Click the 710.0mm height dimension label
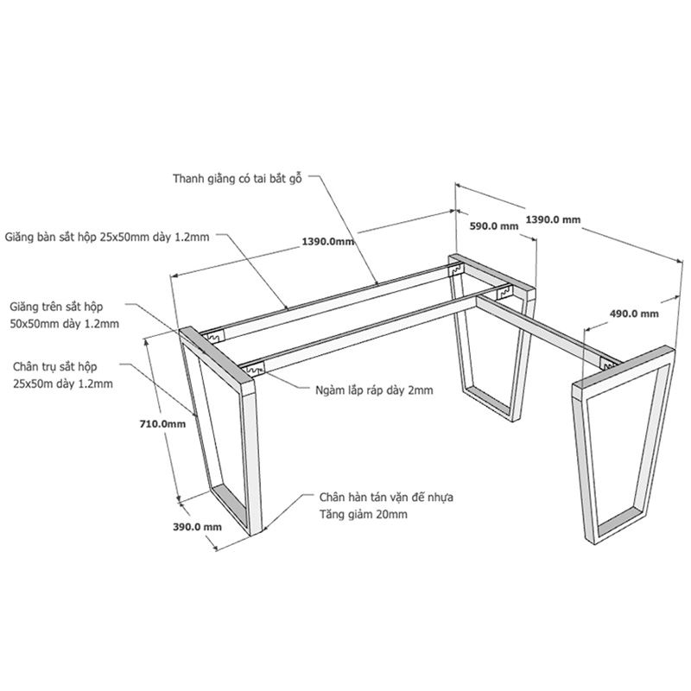click(x=162, y=424)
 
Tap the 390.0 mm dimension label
click(x=197, y=527)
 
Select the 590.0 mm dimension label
click(x=493, y=226)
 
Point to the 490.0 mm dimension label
click(x=634, y=314)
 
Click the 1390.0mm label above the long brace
click(x=328, y=242)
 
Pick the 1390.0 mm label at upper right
click(x=553, y=219)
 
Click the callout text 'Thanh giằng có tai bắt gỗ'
click(x=237, y=179)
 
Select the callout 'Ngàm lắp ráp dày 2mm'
click(x=374, y=390)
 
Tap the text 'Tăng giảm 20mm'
click(x=363, y=514)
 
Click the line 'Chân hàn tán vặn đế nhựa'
click(x=386, y=498)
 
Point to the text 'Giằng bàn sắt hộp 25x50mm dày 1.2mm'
click(x=106, y=237)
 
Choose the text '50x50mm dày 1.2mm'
click(x=64, y=324)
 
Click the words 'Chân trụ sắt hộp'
click(x=54, y=366)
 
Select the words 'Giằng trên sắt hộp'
click(x=56, y=307)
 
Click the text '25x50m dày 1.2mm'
click(x=62, y=384)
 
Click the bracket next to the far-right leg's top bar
click(x=608, y=364)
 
